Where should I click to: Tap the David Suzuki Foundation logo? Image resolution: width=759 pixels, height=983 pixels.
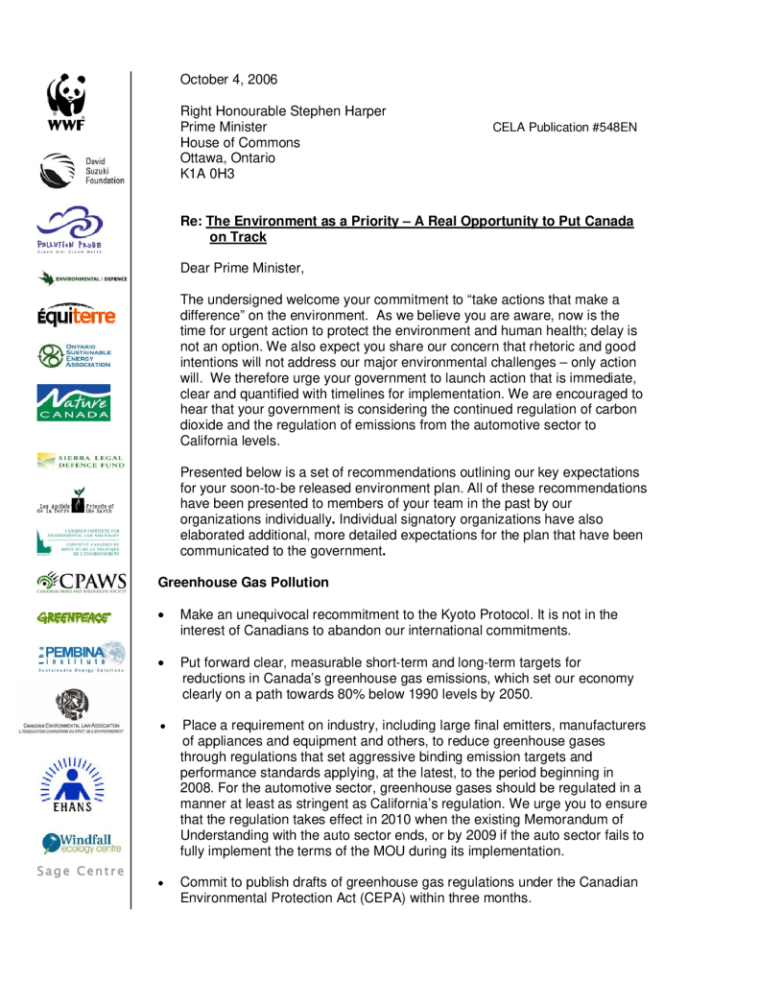point(82,170)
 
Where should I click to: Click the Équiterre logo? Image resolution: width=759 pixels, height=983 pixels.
point(76,315)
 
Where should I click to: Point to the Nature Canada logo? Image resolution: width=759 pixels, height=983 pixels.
point(73,402)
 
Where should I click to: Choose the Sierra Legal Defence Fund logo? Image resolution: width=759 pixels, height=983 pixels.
point(81,462)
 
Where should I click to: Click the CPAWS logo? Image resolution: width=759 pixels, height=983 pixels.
point(82,583)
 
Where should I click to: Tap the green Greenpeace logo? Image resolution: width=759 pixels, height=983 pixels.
point(73,617)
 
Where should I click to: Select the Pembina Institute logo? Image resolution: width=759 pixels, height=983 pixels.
point(82,657)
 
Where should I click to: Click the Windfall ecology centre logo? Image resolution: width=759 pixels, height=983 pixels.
point(82,844)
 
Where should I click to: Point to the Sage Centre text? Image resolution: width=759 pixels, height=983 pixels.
point(81,871)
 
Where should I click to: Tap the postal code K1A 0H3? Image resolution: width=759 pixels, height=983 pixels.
point(207,174)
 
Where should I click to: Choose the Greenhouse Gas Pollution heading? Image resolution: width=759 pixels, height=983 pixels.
point(243,582)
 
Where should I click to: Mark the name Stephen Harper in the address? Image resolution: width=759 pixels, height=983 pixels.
point(336,111)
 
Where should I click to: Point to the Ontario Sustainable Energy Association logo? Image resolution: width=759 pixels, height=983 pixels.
point(74,356)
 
